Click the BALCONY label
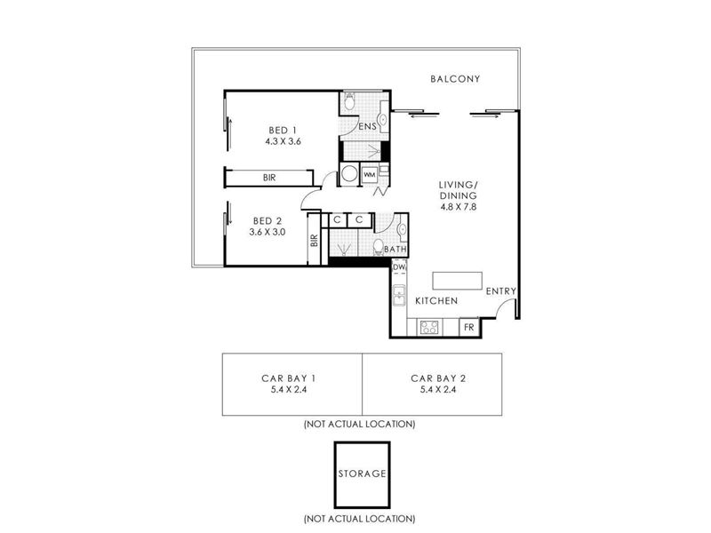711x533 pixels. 455,79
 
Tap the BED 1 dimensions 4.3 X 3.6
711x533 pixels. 284,141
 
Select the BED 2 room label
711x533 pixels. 268,221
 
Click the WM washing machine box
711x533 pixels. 370,174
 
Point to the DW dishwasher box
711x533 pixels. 398,267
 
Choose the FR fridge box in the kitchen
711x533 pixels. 469,327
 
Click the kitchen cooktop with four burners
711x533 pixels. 429,327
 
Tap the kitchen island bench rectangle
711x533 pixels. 457,281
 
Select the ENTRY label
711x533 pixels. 501,291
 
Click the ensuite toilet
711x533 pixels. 349,101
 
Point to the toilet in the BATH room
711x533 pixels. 379,248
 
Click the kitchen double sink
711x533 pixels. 399,296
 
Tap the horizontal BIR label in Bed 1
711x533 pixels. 269,178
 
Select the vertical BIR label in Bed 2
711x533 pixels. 315,240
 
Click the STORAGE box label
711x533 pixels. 363,473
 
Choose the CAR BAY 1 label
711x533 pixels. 289,378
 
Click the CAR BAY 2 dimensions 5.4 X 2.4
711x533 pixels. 438,389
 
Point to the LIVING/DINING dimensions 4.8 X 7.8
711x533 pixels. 458,207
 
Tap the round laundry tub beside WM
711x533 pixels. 349,173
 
